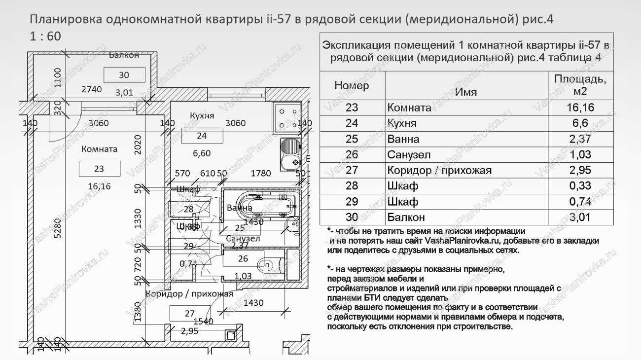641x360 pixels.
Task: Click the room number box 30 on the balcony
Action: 124,75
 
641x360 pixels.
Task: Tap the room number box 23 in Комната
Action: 99,169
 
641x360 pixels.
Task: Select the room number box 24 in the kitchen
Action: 201,136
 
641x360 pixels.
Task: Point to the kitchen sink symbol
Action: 290,154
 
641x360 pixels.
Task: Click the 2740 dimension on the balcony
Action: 91,89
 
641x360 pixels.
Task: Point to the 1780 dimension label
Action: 261,173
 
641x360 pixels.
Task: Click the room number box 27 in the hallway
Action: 190,313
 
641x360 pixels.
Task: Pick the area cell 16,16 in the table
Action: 581,108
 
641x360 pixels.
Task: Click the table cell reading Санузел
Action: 409,155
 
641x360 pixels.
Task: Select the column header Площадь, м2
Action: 580,85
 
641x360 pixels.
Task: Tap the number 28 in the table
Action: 352,185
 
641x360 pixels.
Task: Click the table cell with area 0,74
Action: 581,201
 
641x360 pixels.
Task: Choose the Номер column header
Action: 352,85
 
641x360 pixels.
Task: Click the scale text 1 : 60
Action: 45,37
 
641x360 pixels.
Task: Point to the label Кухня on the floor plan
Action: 202,115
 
